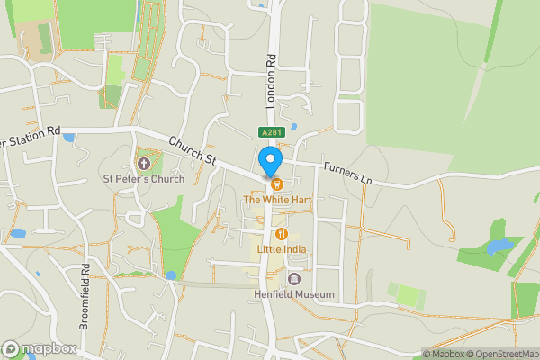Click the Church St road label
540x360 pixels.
[193, 149]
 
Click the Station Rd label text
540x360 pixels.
[31, 139]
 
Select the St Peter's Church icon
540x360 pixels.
[143, 163]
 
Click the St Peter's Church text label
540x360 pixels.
[143, 178]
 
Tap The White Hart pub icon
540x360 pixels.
[277, 184]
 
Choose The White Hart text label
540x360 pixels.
[277, 198]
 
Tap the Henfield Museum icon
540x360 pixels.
[294, 279]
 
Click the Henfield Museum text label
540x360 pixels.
[294, 294]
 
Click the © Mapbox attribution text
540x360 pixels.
[443, 354]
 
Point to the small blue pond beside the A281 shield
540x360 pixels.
[294, 127]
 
